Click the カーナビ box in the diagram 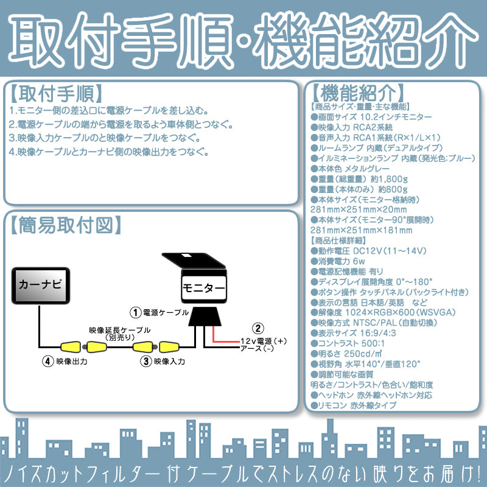tap(40, 284)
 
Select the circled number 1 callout tap(135, 312)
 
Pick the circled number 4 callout tap(47, 361)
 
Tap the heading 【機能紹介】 tap(356, 93)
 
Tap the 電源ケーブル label tap(166, 312)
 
